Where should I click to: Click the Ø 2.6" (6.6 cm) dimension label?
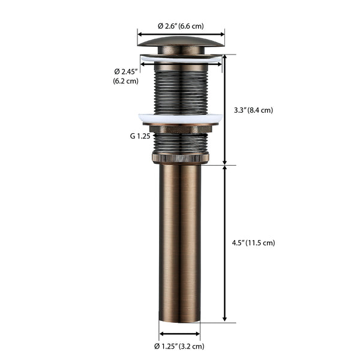coord(181,26)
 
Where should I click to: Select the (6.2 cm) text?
coord(126,81)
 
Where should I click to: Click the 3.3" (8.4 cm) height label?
coord(253,110)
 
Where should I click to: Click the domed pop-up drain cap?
coord(181,46)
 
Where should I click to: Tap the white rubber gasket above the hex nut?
coord(180,118)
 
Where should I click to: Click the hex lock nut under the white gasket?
coord(180,128)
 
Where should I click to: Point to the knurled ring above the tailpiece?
coord(180,158)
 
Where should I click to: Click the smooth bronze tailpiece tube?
coord(180,240)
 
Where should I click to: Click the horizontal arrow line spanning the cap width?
coord(181,34)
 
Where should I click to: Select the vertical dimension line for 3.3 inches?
coord(225,110)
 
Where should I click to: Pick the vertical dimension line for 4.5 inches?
coord(225,243)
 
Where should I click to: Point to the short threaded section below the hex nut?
coord(180,143)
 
